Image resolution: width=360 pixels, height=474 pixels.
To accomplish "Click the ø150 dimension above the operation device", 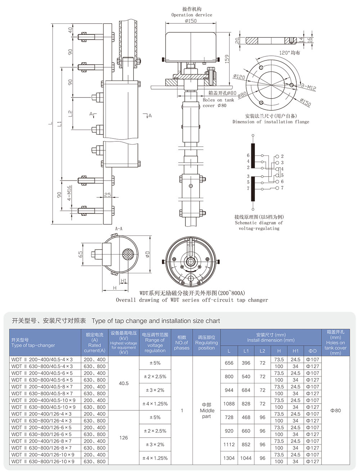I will [191, 21].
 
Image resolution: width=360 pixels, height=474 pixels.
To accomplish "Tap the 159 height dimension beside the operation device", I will [227, 59].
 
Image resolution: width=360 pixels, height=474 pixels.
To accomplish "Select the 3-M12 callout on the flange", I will [309, 87].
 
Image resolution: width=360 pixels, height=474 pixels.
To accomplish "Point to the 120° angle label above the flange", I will [289, 53].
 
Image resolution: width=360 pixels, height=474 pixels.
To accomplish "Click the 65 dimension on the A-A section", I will [81, 254].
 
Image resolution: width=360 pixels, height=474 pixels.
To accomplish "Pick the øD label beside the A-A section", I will [147, 254].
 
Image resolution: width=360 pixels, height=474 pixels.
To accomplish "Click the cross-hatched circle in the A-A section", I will [129, 255].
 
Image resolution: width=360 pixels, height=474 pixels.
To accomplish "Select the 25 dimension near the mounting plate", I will [107, 195].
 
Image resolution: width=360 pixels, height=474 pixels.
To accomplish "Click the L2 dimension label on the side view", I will [71, 113].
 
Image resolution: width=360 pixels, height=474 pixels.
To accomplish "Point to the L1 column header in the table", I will [246, 351].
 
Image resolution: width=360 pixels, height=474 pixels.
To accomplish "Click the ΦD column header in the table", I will [312, 351].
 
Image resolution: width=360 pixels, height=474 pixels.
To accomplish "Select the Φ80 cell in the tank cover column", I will [335, 410].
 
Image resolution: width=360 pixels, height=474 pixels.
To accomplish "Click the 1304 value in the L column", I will [229, 458].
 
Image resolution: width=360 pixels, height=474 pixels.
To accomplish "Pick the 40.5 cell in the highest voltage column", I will [123, 383].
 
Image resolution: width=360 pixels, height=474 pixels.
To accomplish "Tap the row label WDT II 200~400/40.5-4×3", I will [42, 359].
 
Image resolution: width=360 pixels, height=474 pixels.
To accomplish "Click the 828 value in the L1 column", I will [246, 404].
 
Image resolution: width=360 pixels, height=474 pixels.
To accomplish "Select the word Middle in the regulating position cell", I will [207, 410].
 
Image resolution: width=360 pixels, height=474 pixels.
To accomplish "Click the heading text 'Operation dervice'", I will [192, 15].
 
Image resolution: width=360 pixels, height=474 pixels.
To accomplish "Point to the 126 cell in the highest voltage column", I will [123, 438].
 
